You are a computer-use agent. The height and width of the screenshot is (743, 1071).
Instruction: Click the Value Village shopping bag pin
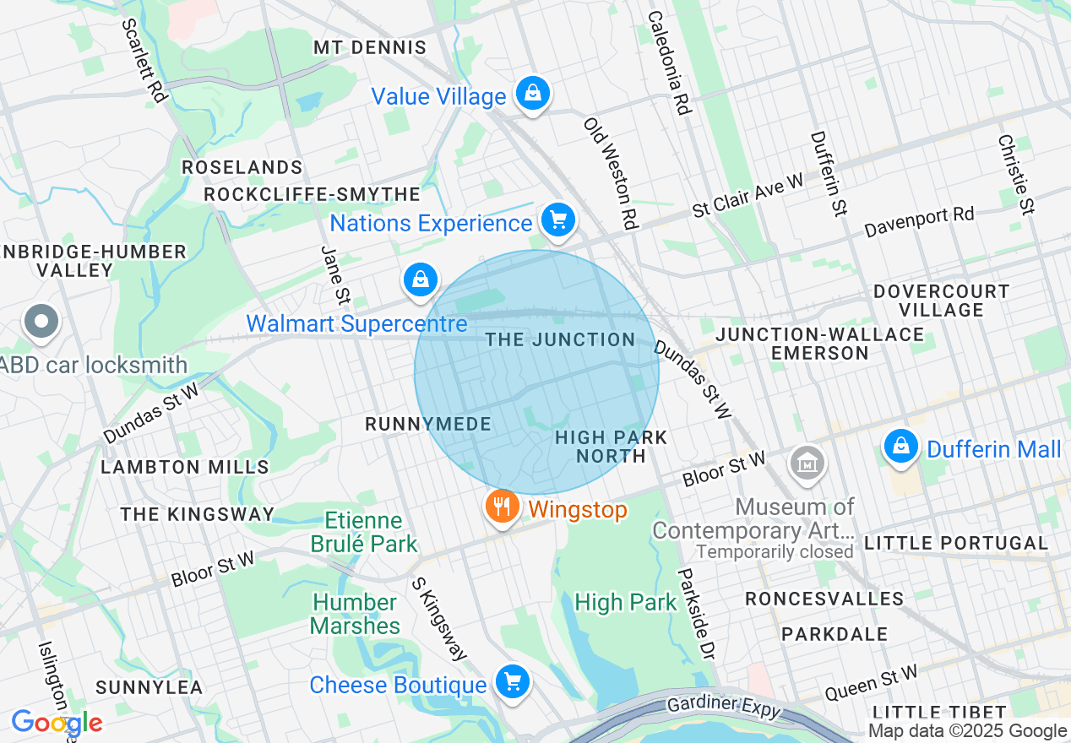pyautogui.click(x=533, y=94)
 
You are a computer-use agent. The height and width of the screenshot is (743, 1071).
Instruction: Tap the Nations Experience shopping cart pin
pyautogui.click(x=557, y=220)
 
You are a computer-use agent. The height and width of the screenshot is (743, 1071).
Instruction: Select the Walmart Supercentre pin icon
pyautogui.click(x=421, y=279)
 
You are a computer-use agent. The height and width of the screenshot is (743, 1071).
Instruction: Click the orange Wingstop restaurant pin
pyautogui.click(x=503, y=507)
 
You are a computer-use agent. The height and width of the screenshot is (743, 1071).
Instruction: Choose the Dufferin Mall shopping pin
pyautogui.click(x=901, y=445)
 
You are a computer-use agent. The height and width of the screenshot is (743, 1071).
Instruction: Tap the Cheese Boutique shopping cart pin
pyautogui.click(x=512, y=681)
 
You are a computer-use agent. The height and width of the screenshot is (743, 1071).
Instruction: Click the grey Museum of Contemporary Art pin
pyautogui.click(x=807, y=463)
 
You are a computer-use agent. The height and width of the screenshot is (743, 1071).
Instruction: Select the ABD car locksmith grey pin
pyautogui.click(x=41, y=322)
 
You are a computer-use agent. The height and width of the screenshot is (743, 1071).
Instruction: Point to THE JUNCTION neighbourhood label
pyautogui.click(x=560, y=339)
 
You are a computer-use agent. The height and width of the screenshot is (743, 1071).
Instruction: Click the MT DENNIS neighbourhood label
pyautogui.click(x=370, y=47)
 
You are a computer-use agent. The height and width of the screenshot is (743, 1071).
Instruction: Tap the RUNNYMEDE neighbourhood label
pyautogui.click(x=428, y=424)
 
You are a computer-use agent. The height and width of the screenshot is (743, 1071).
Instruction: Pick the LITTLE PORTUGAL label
pyautogui.click(x=955, y=543)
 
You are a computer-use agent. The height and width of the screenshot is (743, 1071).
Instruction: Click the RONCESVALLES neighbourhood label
pyautogui.click(x=824, y=599)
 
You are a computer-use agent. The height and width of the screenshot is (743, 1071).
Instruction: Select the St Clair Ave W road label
pyautogui.click(x=748, y=197)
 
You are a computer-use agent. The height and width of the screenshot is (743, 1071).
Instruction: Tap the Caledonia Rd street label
pyautogui.click(x=670, y=62)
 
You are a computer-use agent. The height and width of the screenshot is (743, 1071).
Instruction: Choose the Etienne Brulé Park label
pyautogui.click(x=365, y=533)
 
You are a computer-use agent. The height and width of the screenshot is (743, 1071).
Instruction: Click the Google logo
pyautogui.click(x=57, y=723)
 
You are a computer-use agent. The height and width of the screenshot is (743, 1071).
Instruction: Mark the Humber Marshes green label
pyautogui.click(x=355, y=614)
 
